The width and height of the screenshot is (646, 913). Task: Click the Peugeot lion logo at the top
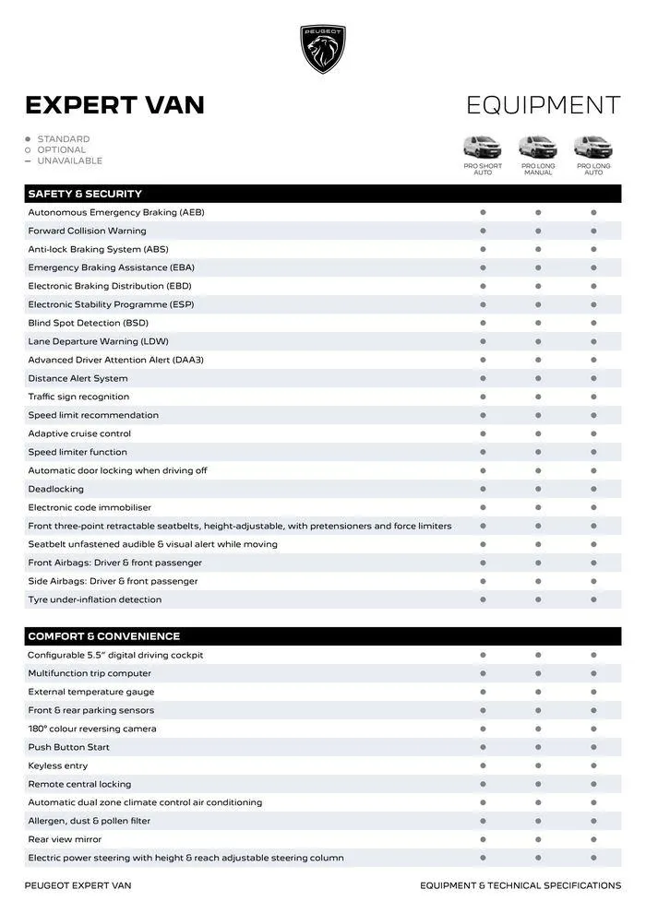point(323,48)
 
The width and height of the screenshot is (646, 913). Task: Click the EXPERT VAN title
point(114,105)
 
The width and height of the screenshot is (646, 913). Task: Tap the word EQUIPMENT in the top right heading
point(543,105)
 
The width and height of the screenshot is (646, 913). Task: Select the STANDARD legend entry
point(63,139)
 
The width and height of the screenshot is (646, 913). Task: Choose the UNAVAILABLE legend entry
point(69,160)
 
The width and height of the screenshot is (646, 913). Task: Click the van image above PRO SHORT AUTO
point(483,147)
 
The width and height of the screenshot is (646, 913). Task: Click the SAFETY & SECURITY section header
point(85,194)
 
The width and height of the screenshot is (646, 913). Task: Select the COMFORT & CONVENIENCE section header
point(103,636)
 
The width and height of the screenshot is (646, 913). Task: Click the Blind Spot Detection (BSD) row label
point(88,323)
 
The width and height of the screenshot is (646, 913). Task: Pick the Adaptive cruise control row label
point(79,433)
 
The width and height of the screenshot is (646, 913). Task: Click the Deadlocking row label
point(55,489)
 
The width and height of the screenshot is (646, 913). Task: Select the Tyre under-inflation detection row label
point(94,599)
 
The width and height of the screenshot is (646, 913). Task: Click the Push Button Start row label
point(68,747)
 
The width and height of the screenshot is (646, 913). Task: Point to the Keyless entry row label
point(57,765)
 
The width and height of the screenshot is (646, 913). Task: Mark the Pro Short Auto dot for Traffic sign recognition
point(483,397)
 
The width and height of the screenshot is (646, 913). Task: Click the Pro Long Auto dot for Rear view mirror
point(593,839)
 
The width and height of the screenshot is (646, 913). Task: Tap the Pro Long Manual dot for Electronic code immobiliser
point(538,507)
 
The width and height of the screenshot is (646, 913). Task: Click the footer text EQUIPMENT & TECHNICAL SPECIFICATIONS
point(520,885)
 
